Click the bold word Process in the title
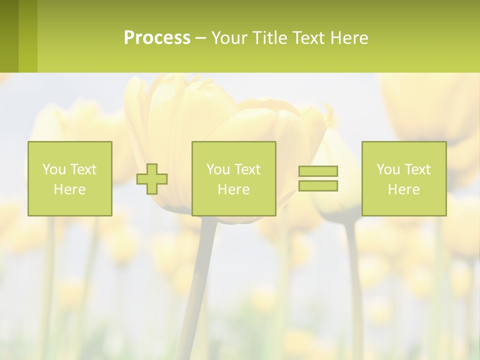click(157, 38)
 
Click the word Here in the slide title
click(349, 38)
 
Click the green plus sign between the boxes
click(152, 179)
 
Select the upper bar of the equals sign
click(318, 171)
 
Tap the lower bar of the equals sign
click(318, 185)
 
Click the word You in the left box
click(54, 169)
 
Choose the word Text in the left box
click(82, 169)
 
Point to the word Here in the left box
click(69, 189)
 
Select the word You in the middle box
click(218, 169)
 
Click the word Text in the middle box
click(246, 169)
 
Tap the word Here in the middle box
click(233, 189)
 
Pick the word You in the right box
click(388, 169)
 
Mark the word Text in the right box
click(416, 169)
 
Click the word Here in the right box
click(403, 189)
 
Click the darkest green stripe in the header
click(9, 36)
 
